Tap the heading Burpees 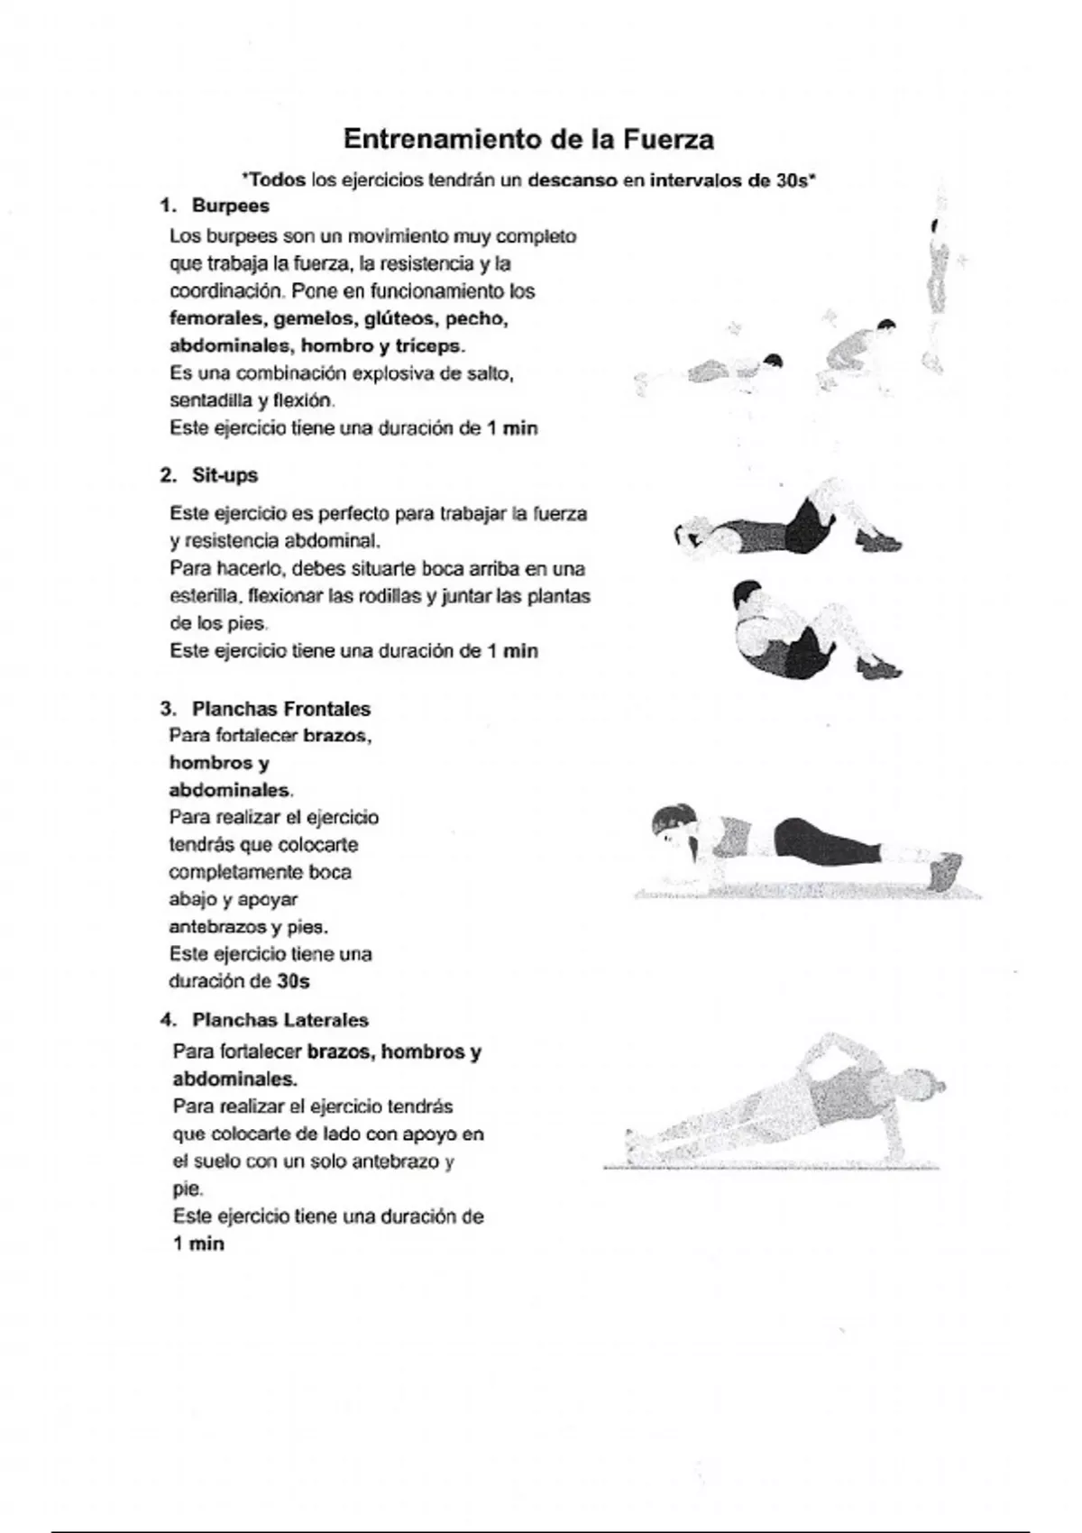(230, 206)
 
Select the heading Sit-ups (225, 475)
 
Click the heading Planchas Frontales (280, 709)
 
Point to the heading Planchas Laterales (280, 1020)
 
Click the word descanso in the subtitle (573, 179)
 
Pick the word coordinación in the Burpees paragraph (225, 291)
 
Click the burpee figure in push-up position (735, 370)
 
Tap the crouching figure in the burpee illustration (857, 347)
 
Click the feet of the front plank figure (942, 870)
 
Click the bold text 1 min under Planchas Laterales (198, 1244)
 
